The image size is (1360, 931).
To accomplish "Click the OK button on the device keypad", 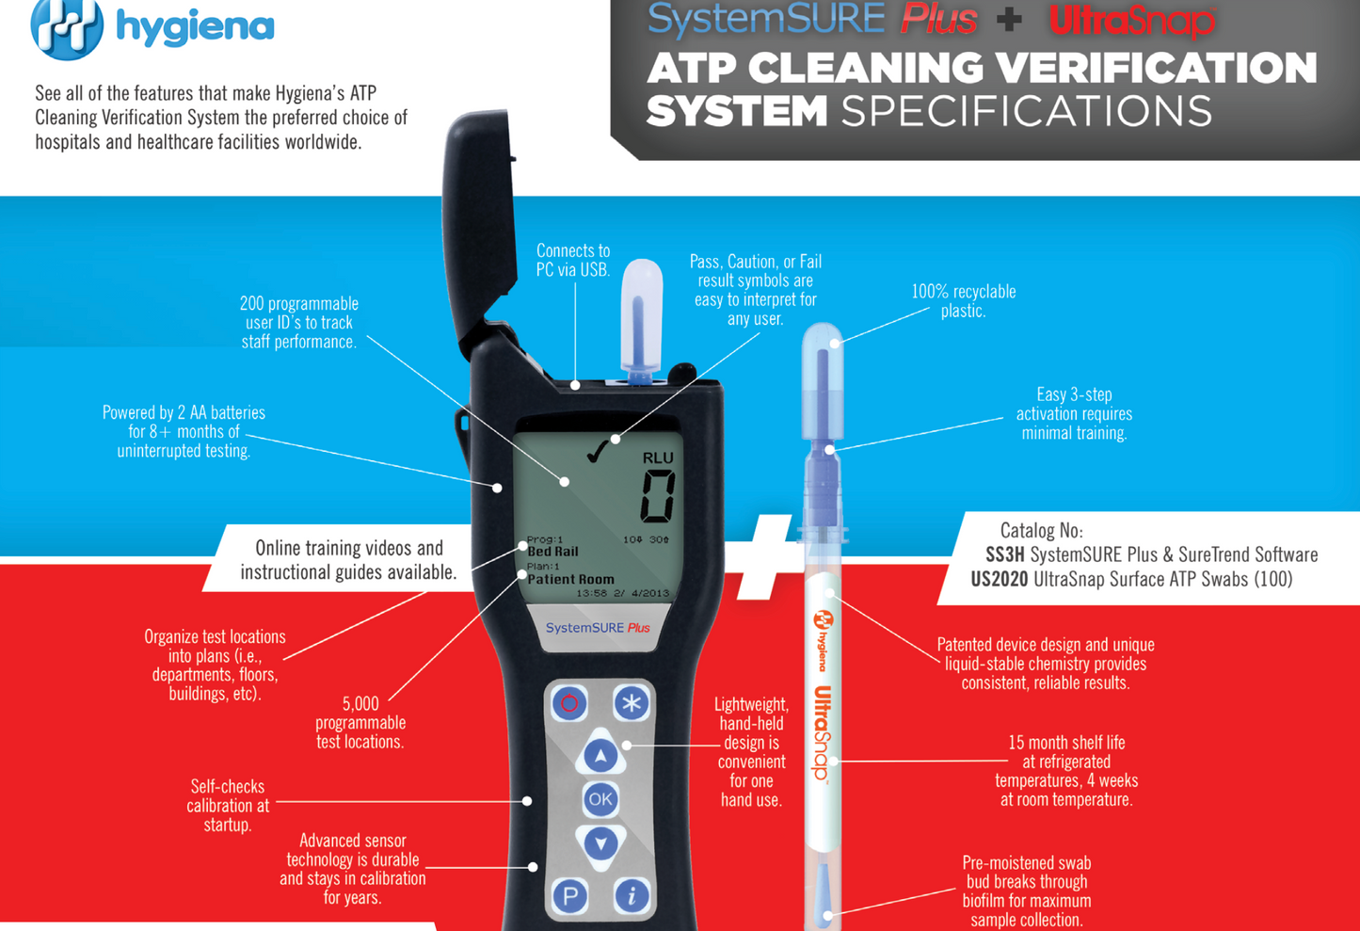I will pos(600,799).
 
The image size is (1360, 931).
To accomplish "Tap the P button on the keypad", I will pos(569,896).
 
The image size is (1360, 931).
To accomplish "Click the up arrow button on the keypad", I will pos(600,754).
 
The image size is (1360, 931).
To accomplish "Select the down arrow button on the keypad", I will pos(600,843).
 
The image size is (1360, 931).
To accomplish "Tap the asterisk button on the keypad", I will pos(632,703).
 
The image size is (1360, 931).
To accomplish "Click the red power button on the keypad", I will pos(569,703).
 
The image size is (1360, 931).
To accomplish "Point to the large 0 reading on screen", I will pos(657,496).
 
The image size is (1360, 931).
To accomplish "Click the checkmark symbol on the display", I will pos(597,454).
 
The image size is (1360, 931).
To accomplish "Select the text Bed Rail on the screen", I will pos(552,552).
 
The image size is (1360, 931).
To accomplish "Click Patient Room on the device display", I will pos(570,580).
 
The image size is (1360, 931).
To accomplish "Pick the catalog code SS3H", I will pos(1004,555).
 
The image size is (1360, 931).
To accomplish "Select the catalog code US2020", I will pos(999,580).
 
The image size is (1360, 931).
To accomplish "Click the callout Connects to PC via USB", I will pos(572,261).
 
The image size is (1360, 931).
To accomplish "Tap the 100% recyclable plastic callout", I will pos(963,301).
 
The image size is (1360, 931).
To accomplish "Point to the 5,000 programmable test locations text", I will pos(360,723).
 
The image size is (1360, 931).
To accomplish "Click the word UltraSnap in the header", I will pos(1132,20).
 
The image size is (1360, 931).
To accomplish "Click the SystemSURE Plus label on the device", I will pos(598,628).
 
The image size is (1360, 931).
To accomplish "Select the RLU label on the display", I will pos(658,457).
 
